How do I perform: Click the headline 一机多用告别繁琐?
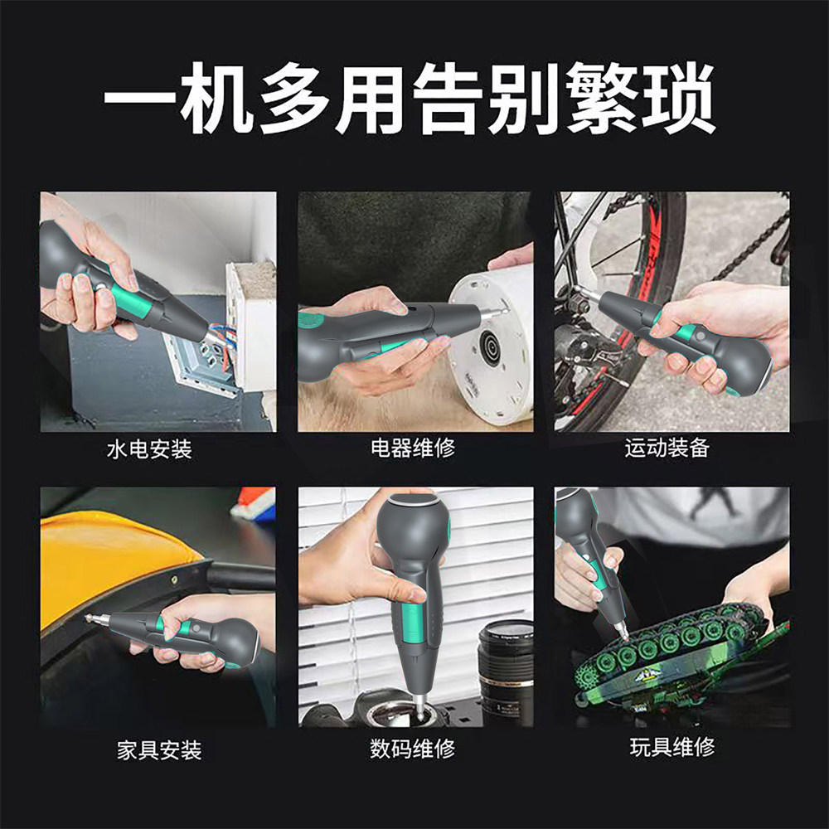(410, 99)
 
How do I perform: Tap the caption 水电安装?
(149, 449)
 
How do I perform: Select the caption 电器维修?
(412, 448)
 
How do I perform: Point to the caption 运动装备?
(667, 448)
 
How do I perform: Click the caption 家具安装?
(159, 749)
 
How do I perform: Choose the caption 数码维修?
(412, 748)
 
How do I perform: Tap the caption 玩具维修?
(672, 747)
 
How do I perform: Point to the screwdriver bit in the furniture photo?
(97, 618)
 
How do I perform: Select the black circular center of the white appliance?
(489, 350)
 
